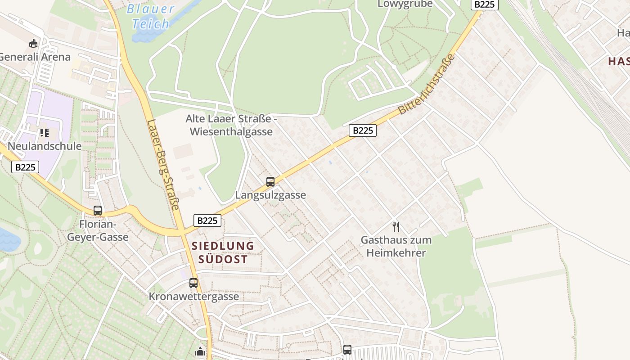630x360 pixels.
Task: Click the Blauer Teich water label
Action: [150, 16]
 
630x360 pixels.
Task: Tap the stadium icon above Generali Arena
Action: [33, 44]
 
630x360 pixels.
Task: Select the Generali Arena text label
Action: [35, 57]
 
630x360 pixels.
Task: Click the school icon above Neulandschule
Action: [44, 133]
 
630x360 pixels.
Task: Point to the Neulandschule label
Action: [45, 146]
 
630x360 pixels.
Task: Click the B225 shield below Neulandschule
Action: [25, 167]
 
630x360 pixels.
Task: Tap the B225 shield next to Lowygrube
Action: [485, 4]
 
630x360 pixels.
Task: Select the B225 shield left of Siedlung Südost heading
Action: [207, 220]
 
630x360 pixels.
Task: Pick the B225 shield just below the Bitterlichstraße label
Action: [363, 130]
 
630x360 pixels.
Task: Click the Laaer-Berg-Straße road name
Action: [163, 165]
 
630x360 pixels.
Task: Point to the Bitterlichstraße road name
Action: [427, 84]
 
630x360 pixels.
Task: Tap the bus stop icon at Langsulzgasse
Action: [270, 182]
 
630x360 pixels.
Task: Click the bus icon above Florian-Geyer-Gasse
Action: [98, 210]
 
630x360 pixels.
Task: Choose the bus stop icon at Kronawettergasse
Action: [193, 283]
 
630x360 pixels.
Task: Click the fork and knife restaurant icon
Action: [396, 226]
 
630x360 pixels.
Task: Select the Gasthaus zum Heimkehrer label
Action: [396, 246]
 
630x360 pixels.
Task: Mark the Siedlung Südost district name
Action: [223, 252]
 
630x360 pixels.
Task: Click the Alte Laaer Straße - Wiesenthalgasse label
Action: [231, 125]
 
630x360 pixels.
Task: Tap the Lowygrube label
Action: [405, 4]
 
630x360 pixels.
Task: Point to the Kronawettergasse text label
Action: [194, 297]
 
